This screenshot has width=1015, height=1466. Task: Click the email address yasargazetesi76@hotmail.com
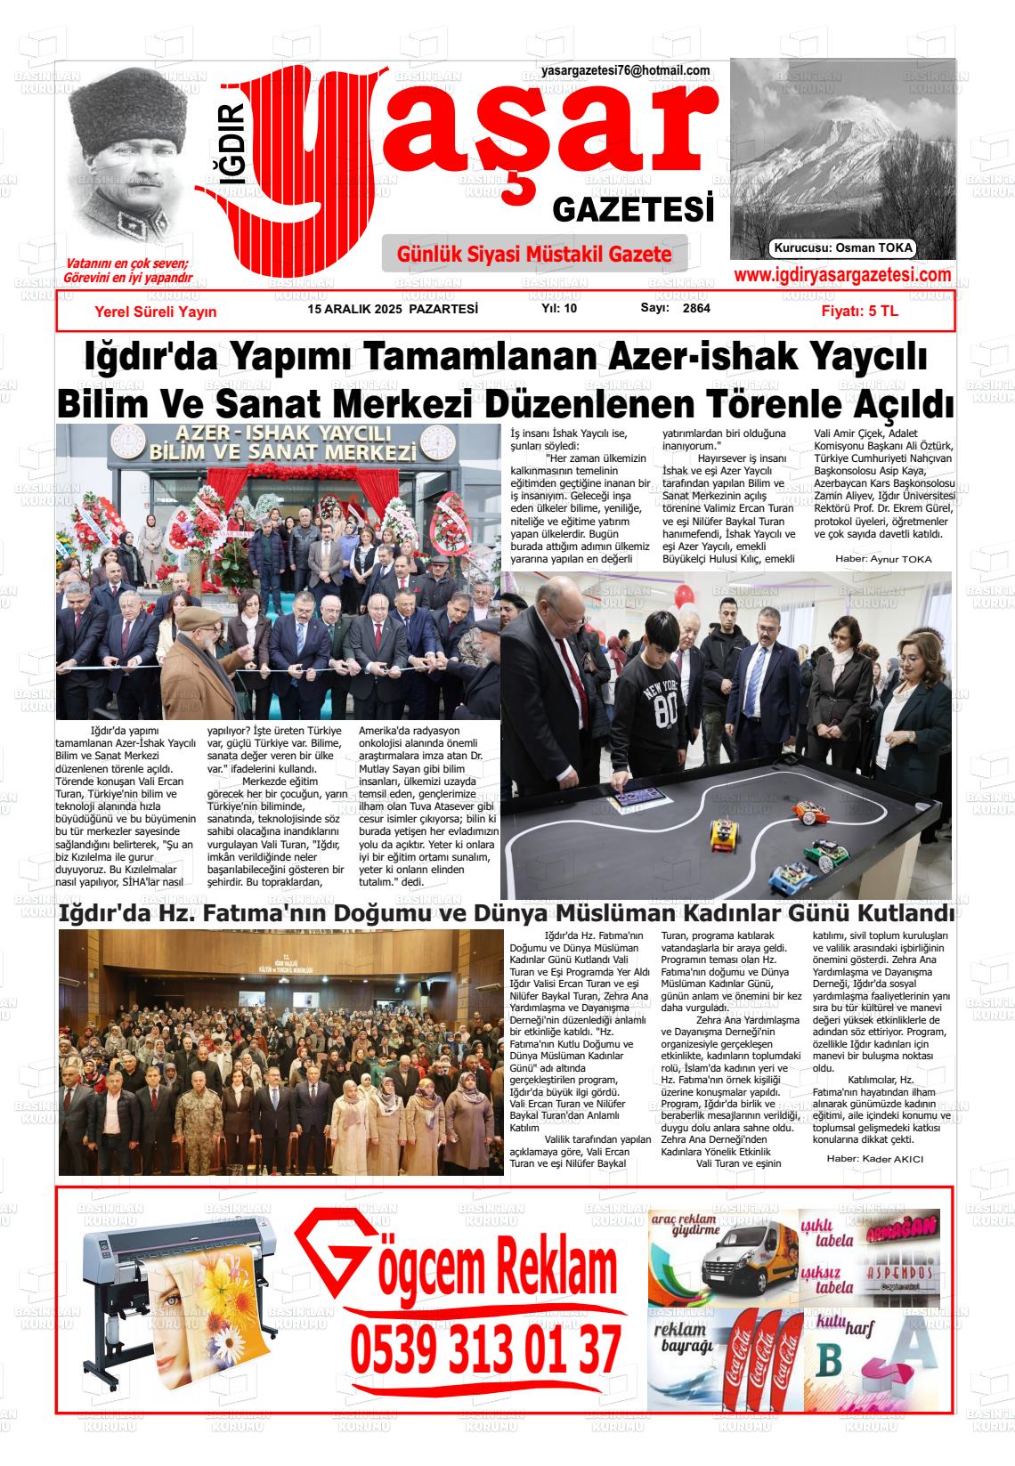625,71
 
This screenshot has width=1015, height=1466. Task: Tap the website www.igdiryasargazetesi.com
841,275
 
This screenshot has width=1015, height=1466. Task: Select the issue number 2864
696,309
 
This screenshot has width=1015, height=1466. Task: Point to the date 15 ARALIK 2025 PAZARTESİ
393,309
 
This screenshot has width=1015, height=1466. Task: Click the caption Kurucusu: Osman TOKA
843,248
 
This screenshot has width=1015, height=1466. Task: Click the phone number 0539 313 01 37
485,1350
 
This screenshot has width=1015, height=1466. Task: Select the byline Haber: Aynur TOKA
882,559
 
